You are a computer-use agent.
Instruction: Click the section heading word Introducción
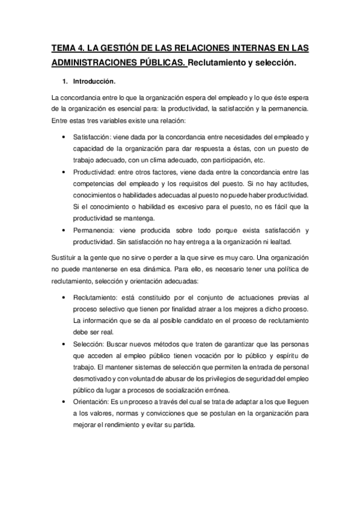94,81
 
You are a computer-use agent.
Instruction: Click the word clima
177,159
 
